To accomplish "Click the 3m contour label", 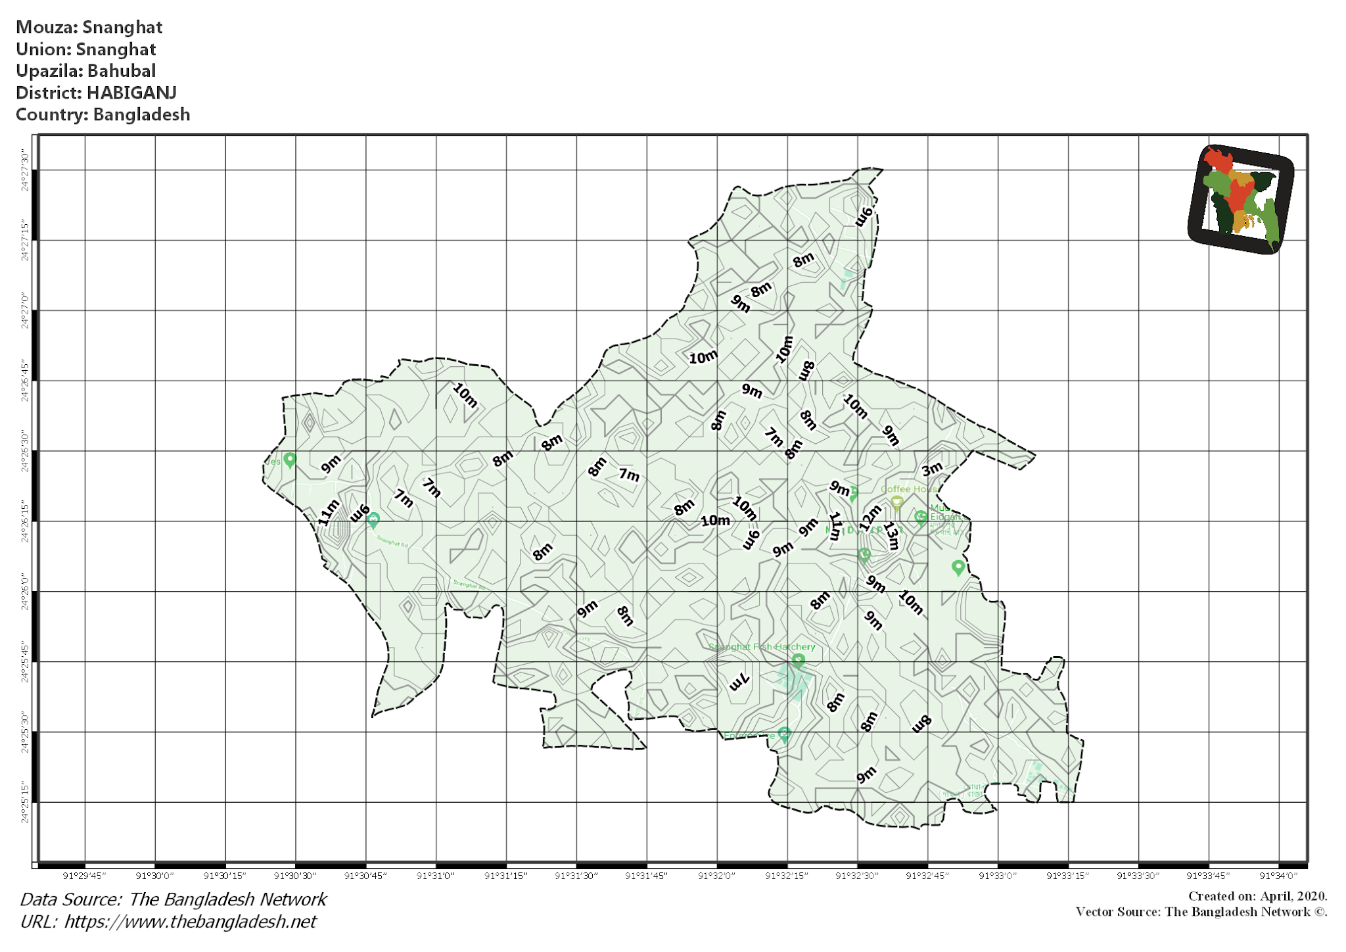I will tap(931, 469).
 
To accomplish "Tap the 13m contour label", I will tap(891, 535).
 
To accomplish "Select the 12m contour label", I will tap(870, 517).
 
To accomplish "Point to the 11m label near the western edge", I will tap(329, 512).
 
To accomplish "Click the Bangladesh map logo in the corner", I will tap(1240, 199).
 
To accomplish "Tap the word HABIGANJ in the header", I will tap(131, 93).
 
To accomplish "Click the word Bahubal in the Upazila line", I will tap(122, 71).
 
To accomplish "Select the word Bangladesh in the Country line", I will tap(141, 114).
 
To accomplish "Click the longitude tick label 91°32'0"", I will tap(716, 876).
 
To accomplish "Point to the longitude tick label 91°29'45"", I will tap(84, 876).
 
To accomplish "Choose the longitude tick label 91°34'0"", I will tap(1278, 876).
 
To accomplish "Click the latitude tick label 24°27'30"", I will tap(25, 170).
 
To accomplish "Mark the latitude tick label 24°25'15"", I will tap(25, 802).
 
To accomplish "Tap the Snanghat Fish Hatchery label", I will tap(762, 647).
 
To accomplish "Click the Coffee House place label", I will tap(909, 489).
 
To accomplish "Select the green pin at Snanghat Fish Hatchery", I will tap(798, 661).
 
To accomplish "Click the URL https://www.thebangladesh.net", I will tap(190, 922).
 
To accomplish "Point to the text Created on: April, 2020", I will tap(1257, 896).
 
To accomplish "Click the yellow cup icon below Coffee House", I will tap(896, 504).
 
